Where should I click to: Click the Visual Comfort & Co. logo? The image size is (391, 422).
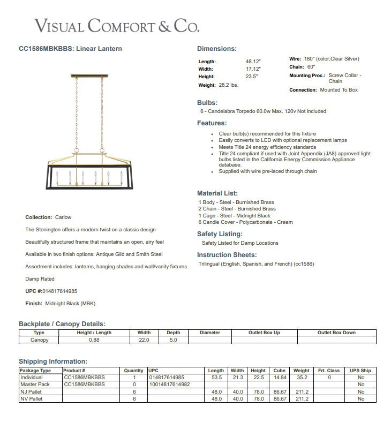(117, 25)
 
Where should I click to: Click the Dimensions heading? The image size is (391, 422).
(216, 49)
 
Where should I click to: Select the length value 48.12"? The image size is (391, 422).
(253, 62)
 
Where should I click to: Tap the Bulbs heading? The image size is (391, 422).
(207, 102)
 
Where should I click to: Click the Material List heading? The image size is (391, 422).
(217, 193)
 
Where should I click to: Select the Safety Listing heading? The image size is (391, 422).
(220, 234)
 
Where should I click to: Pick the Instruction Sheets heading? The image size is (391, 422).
(227, 255)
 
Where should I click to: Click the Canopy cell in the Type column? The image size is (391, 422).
(39, 340)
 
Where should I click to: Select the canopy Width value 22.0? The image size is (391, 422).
(144, 340)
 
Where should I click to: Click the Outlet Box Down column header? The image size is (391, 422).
(336, 333)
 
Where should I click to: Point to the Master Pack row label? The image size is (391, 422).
(34, 385)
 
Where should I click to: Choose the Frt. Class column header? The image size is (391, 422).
(329, 371)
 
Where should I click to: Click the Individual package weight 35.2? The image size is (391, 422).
(301, 378)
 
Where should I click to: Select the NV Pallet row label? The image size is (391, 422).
(31, 399)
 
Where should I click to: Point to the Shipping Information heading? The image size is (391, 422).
(52, 362)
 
